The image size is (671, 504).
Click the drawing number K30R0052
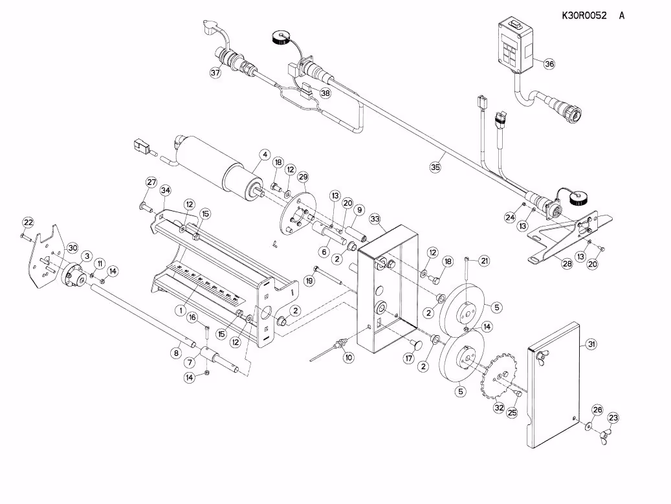[584, 16]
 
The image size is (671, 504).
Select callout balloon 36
[549, 64]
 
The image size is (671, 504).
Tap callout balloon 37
[215, 72]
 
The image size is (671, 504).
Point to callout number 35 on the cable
[435, 167]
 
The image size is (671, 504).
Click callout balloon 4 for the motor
[265, 154]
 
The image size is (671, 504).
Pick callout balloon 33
[375, 219]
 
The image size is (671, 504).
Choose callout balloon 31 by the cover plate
[591, 344]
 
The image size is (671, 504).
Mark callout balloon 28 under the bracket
[567, 263]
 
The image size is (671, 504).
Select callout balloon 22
[28, 223]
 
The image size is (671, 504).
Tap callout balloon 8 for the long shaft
[176, 353]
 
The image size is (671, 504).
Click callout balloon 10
[349, 358]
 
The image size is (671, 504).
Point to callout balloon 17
[409, 358]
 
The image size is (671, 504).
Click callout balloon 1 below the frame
[181, 309]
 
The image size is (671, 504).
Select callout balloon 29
[303, 177]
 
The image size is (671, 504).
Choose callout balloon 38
[325, 93]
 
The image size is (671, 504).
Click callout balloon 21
[484, 261]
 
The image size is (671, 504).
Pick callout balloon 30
[72, 248]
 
